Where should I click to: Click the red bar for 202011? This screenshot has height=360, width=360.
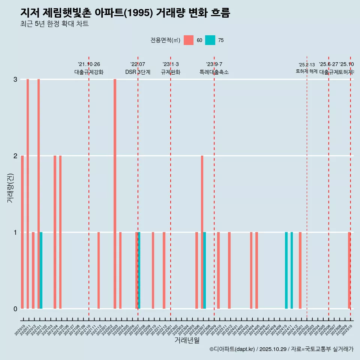[28, 194]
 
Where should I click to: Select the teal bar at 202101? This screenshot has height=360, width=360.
[41, 270]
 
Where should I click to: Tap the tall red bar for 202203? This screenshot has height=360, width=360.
[115, 194]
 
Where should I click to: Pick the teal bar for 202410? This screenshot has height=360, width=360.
[286, 270]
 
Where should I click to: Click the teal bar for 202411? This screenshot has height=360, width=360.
[292, 270]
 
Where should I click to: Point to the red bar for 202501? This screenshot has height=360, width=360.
[300, 270]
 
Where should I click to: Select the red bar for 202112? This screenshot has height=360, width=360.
[99, 270]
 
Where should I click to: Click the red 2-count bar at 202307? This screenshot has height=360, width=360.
[202, 232]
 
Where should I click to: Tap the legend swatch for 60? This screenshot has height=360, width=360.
[189, 40]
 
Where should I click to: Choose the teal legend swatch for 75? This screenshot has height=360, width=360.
[210, 40]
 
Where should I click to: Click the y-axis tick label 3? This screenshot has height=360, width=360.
[15, 79]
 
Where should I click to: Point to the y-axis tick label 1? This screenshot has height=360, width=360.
[15, 232]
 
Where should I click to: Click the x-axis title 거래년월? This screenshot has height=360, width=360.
[187, 340]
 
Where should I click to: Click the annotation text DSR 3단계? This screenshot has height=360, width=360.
[138, 72]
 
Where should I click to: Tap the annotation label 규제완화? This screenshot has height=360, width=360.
[171, 72]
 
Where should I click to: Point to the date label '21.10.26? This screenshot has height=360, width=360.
[89, 64]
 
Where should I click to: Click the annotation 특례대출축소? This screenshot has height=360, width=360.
[214, 72]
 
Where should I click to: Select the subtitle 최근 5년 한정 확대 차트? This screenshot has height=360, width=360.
[54, 24]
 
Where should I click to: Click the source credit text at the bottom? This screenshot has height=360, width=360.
[281, 349]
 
